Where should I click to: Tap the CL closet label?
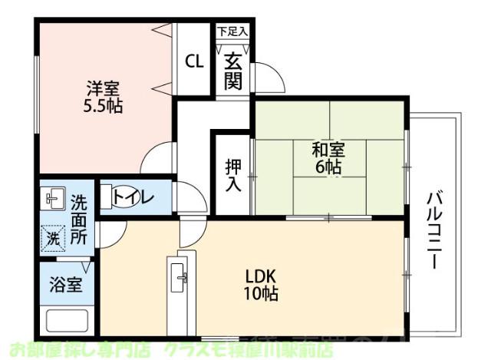tap(194, 61)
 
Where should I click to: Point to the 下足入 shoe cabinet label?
tap(232, 32)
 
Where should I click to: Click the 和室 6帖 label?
tap(328, 157)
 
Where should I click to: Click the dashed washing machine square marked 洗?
tap(53, 239)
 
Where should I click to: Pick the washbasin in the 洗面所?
tap(53, 199)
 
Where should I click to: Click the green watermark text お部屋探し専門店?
tap(76, 350)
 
